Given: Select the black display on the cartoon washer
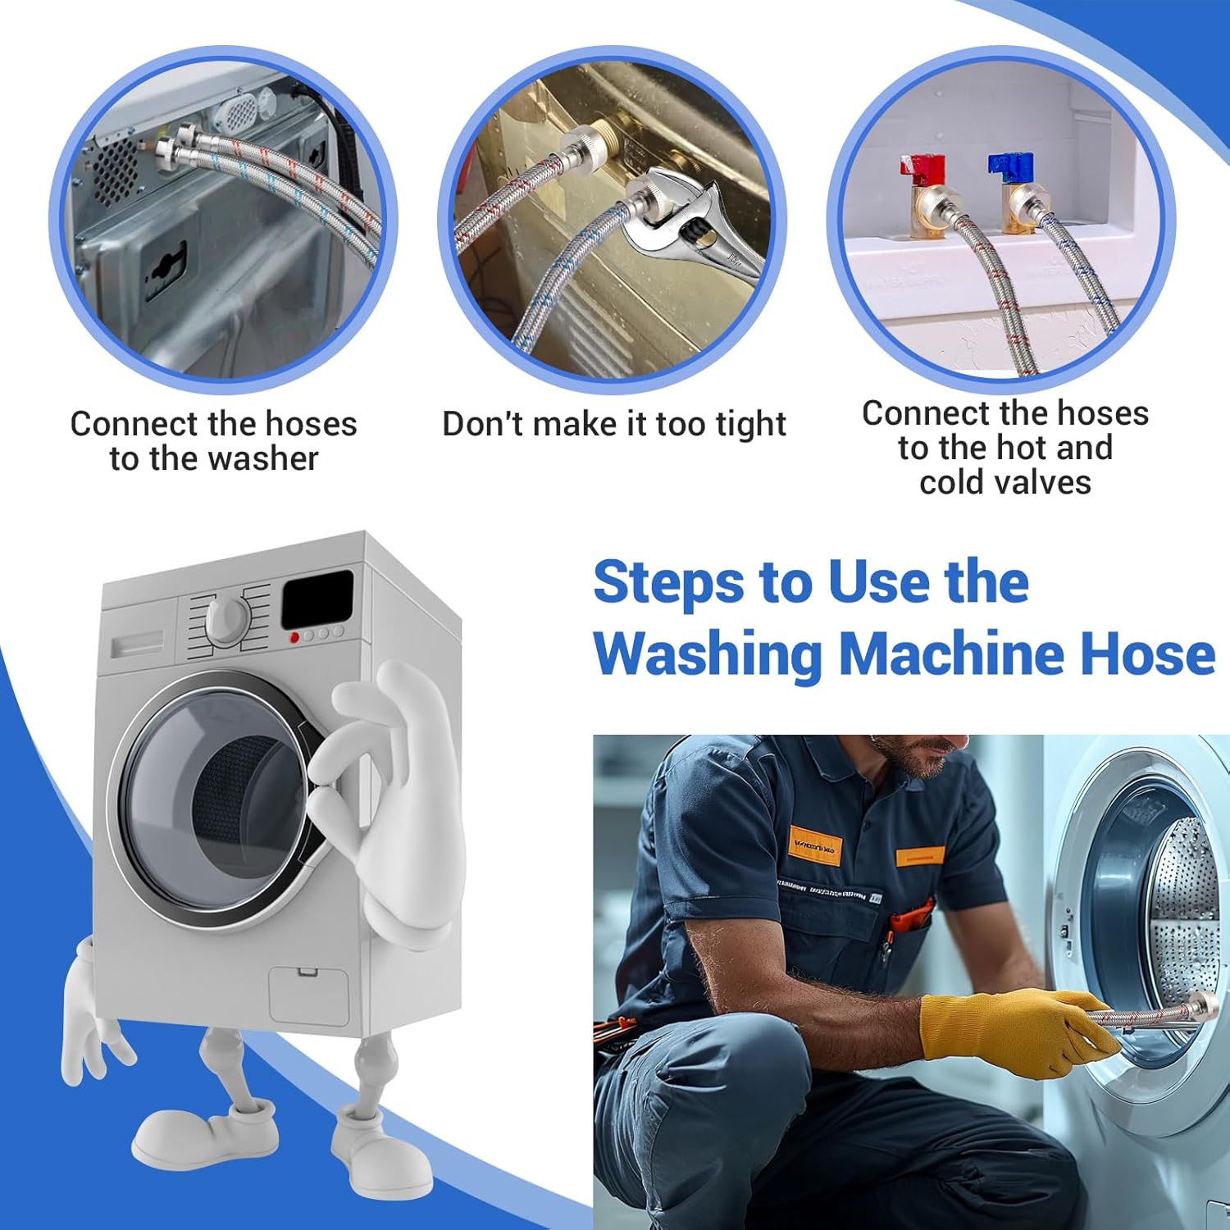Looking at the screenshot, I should tap(317, 599).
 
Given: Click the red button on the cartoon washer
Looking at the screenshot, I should tap(294, 637).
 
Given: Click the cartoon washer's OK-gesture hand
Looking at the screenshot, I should tap(385, 787).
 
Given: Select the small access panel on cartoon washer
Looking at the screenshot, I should tap(308, 994).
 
